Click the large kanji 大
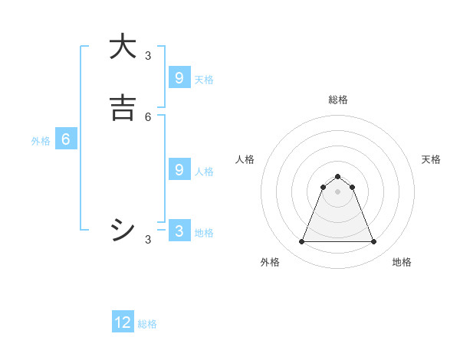pyautogui.click(x=122, y=47)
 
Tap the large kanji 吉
pyautogui.click(x=122, y=108)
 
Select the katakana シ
pyautogui.click(x=122, y=230)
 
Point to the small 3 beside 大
pyautogui.click(x=148, y=55)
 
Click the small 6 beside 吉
pyautogui.click(x=148, y=116)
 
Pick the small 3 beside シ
pyautogui.click(x=148, y=240)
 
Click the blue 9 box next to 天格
pyautogui.click(x=179, y=77)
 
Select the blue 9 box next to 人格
pyautogui.click(x=179, y=169)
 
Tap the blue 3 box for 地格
pyautogui.click(x=179, y=231)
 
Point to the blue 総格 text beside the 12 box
pyautogui.click(x=147, y=324)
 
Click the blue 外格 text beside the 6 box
pyautogui.click(x=41, y=141)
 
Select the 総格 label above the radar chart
pyautogui.click(x=337, y=100)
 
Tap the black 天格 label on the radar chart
pyautogui.click(x=431, y=159)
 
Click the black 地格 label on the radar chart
pyautogui.click(x=402, y=262)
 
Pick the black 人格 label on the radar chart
pyautogui.click(x=245, y=159)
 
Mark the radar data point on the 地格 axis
pyautogui.click(x=373, y=242)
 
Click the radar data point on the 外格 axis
pyautogui.click(x=301, y=242)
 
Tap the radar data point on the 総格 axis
pyautogui.click(x=337, y=176)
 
